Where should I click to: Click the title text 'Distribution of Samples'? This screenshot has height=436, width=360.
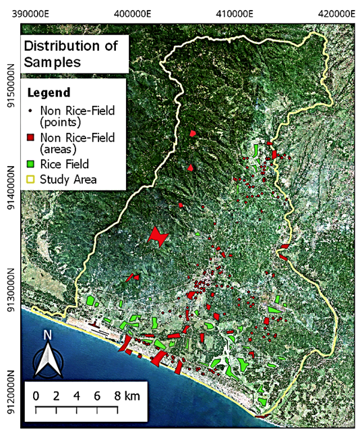click(x=70, y=53)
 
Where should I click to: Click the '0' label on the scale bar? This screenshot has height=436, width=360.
click(x=35, y=395)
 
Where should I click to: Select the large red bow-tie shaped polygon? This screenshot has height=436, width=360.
click(x=158, y=236)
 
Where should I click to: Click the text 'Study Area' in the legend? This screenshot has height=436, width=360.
click(x=68, y=180)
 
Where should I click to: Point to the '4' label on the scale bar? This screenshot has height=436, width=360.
click(x=77, y=395)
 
